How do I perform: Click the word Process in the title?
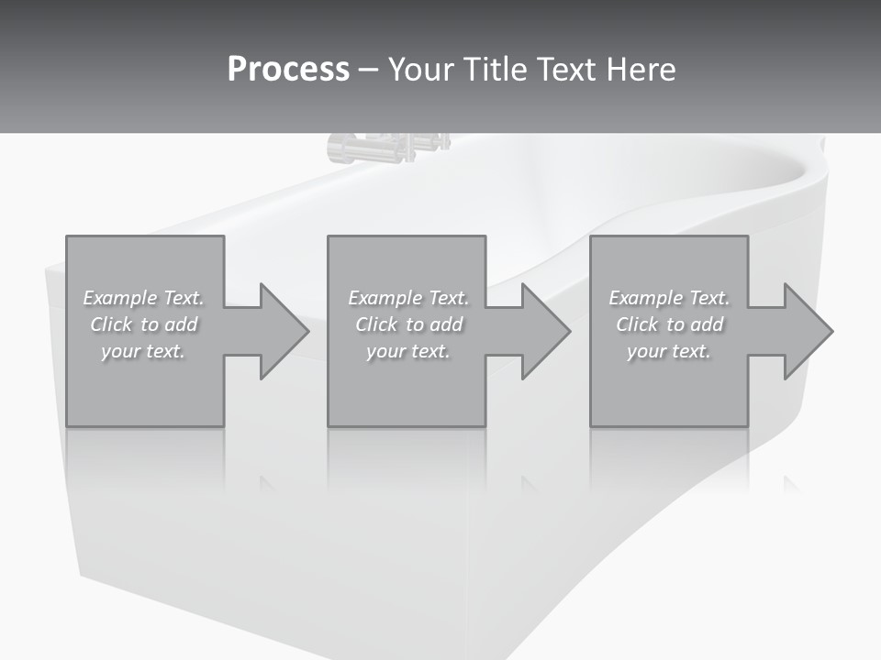[288, 70]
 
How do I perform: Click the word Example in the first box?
[120, 298]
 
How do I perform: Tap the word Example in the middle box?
[385, 298]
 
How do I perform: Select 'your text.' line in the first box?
[143, 351]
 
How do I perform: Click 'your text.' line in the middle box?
[407, 351]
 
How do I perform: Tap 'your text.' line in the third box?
[669, 351]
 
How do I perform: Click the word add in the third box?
[706, 324]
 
